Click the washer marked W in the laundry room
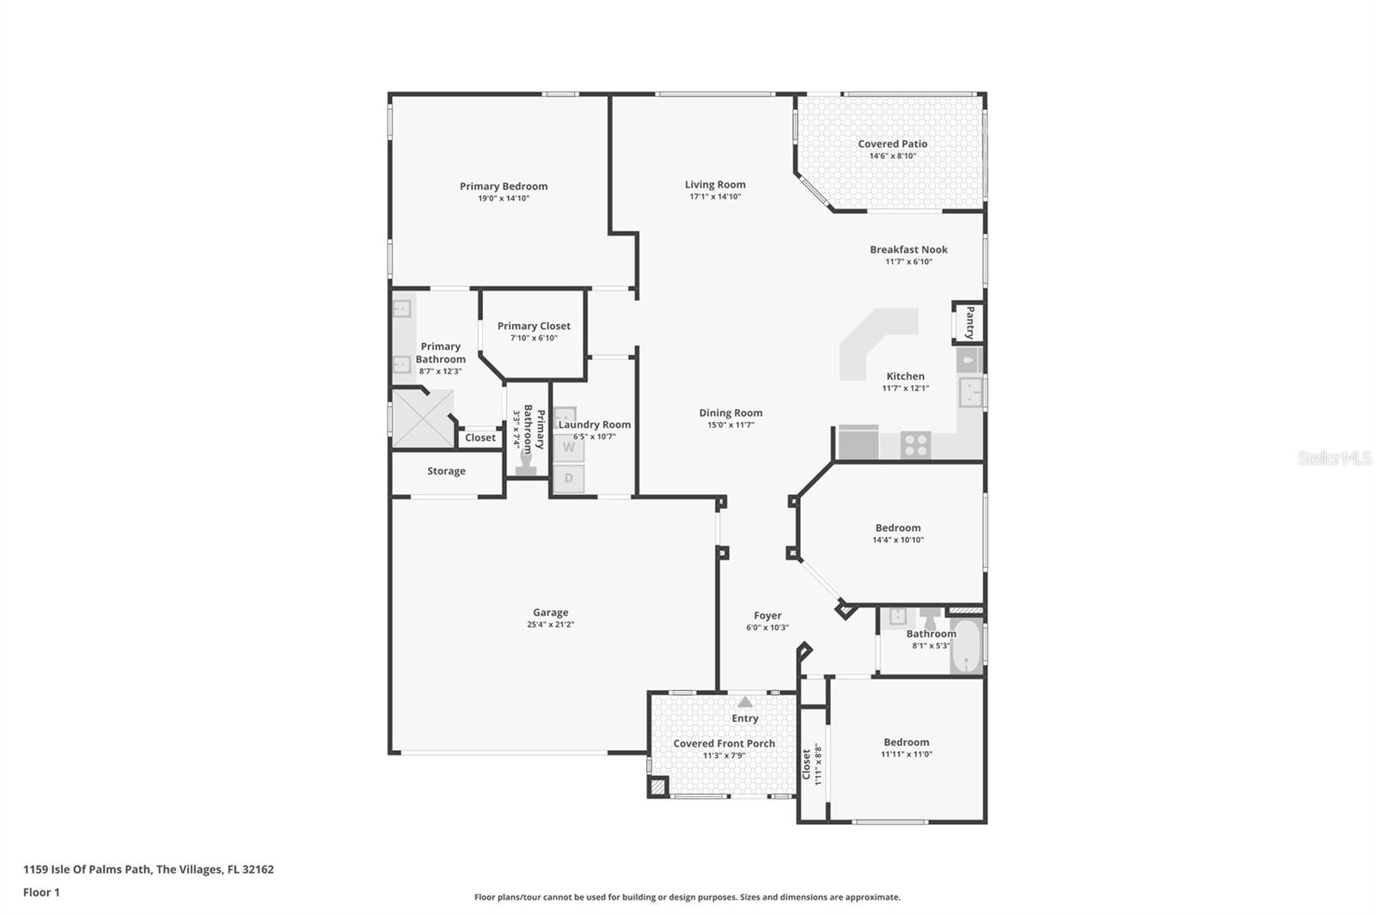[x=568, y=448]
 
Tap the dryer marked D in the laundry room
[x=568, y=479]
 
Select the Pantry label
[x=969, y=322]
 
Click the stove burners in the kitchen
[x=916, y=445]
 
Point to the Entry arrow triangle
[x=745, y=702]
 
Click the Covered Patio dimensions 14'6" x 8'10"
[x=892, y=156]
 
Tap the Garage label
[x=550, y=613]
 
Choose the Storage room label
[x=446, y=471]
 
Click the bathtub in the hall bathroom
[x=967, y=646]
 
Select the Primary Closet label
[x=534, y=326]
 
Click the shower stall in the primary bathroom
[x=423, y=418]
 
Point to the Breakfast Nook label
[x=908, y=249]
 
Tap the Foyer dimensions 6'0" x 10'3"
[x=767, y=628]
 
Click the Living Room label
[x=715, y=184]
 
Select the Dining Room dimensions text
[x=730, y=425]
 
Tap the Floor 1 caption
[x=41, y=892]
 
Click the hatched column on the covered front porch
[x=657, y=786]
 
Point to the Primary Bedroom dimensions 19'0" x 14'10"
[x=504, y=198]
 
